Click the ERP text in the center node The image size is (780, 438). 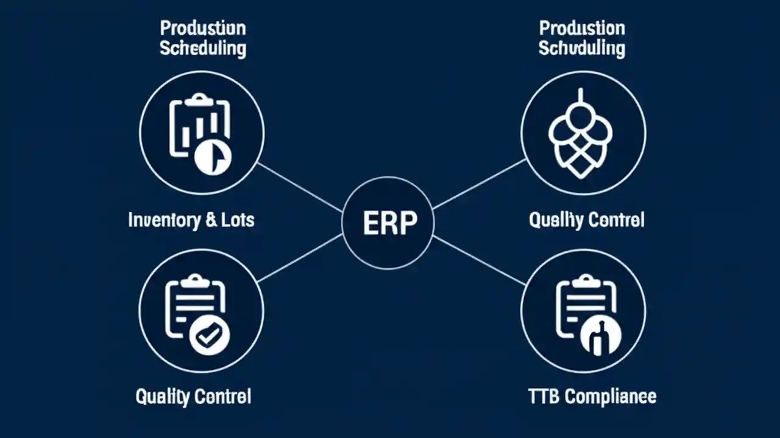click(x=390, y=223)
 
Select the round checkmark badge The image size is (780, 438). click(x=209, y=334)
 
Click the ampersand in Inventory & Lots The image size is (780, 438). click(x=211, y=220)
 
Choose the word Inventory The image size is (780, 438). click(x=163, y=220)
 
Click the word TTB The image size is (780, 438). click(x=544, y=397)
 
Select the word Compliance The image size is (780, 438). click(x=610, y=397)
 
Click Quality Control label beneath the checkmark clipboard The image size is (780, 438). click(x=193, y=397)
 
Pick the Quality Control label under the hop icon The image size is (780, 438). click(x=586, y=220)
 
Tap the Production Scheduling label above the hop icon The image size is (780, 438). click(x=582, y=38)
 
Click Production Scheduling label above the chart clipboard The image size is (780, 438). click(x=203, y=38)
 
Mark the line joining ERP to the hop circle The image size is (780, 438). click(x=480, y=184)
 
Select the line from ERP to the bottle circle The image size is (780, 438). click(x=480, y=260)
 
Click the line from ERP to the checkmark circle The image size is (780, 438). click(x=300, y=259)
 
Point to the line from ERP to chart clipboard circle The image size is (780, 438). click(x=300, y=187)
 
